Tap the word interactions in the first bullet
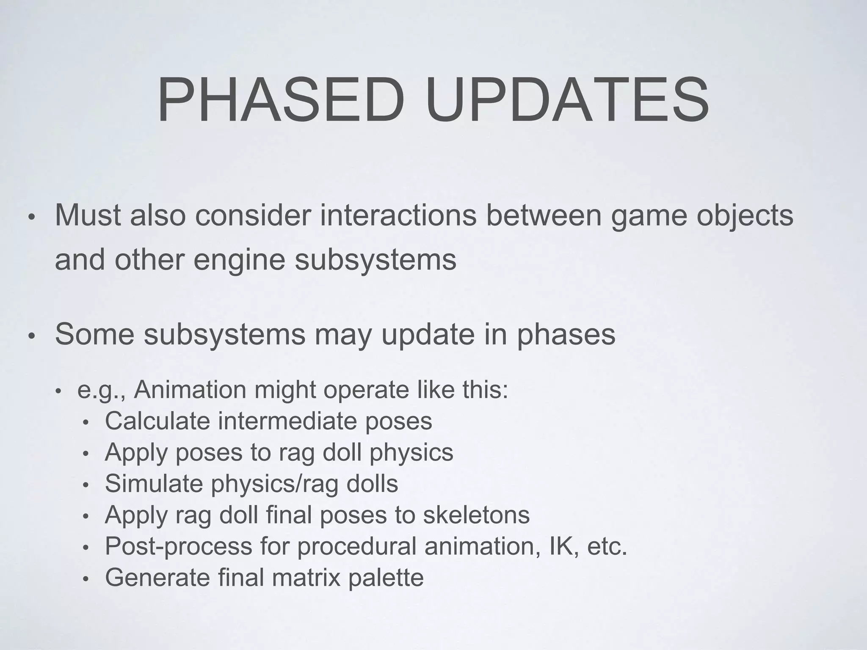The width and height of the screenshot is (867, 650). coord(398,215)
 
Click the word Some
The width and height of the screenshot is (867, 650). coord(95,334)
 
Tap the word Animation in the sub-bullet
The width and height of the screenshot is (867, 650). coord(190,389)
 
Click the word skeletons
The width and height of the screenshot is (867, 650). coord(476,515)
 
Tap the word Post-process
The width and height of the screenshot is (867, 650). coord(178,546)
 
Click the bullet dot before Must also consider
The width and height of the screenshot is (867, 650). coord(30,218)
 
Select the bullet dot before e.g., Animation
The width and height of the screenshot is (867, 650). coord(59,391)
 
